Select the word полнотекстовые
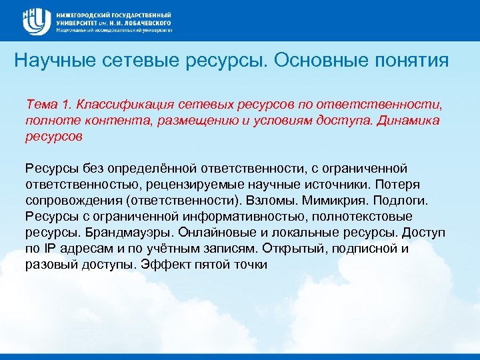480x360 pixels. click(x=364, y=216)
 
